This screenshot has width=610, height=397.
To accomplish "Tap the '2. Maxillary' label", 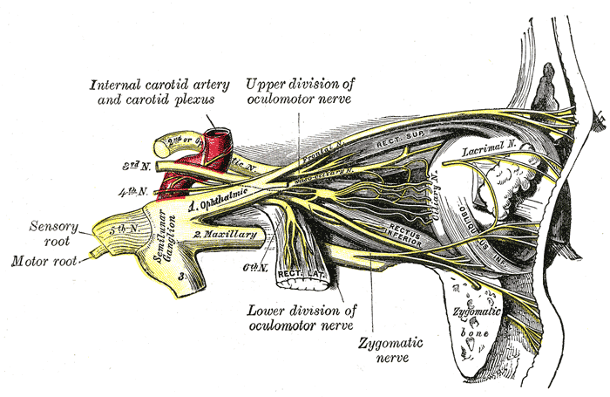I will [x=225, y=235].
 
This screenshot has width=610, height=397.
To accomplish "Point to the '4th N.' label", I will [x=139, y=190].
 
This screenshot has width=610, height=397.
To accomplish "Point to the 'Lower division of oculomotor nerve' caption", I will [x=301, y=318].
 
